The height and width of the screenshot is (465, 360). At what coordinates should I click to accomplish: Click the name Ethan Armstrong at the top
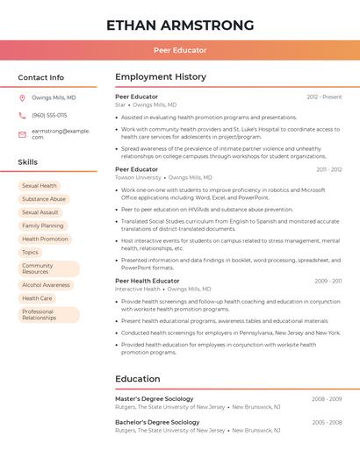pos(180,25)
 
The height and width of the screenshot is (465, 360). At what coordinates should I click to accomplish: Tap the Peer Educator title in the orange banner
pos(180,50)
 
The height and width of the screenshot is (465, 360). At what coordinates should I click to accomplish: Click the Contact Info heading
pos(40,77)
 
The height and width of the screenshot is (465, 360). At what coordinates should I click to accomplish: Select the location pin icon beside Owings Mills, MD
pos(22,98)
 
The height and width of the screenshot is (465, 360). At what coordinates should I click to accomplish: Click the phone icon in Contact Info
pos(22,115)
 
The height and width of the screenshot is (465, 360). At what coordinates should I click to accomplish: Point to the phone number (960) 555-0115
pos(49,115)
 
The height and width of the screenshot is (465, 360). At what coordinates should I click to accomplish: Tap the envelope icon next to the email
pos(22,134)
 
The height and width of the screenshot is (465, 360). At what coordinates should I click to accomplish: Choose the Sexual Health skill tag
pos(40,186)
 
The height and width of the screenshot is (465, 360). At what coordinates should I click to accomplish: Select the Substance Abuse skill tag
pos(44,199)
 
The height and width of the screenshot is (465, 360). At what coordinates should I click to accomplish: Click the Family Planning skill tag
pos(42,225)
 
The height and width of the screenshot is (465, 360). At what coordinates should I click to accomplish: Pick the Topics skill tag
pos(31,252)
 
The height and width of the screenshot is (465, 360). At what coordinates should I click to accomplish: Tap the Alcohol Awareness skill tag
pos(46,285)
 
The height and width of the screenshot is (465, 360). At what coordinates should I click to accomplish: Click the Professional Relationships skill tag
pos(39,314)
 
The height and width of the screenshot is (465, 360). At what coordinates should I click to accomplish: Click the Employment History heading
pos(161,77)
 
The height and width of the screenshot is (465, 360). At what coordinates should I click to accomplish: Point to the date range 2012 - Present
pos(324,97)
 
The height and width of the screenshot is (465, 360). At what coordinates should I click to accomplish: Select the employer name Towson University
pos(138,177)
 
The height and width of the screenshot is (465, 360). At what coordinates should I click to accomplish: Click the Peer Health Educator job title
pos(147,281)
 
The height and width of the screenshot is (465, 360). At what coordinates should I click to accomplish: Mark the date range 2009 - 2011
pos(328,281)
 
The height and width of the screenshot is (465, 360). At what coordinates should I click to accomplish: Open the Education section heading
pos(138,379)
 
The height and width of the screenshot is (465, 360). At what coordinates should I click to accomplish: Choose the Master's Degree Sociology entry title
pos(154,399)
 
